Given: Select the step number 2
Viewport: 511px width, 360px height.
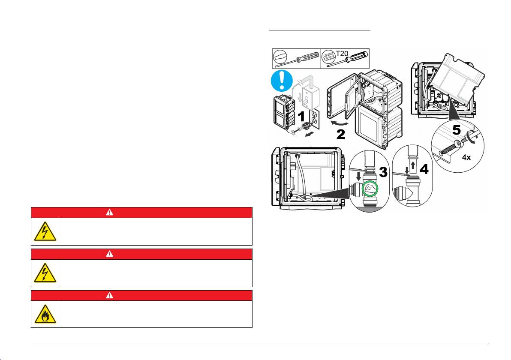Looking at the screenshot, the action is click(340, 135).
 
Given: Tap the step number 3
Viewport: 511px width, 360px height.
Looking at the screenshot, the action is click(383, 172).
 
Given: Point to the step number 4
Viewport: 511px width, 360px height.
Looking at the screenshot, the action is click(424, 169).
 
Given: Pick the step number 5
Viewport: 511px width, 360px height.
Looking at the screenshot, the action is click(457, 130).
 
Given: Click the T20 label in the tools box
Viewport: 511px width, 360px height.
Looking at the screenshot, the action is click(342, 54).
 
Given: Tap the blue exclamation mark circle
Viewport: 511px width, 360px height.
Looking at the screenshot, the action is click(282, 81).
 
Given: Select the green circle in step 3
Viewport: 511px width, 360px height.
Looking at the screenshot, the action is click(370, 188).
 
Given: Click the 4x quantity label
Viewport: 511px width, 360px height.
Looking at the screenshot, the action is click(466, 157).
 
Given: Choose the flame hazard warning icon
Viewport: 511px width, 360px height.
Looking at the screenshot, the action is click(45, 314).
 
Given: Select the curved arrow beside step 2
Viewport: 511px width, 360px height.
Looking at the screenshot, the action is click(339, 123).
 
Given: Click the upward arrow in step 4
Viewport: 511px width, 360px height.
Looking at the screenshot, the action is click(414, 165).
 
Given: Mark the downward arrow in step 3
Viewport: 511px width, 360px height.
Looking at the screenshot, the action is click(359, 177).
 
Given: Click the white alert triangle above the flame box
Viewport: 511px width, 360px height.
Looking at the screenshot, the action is click(109, 295).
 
